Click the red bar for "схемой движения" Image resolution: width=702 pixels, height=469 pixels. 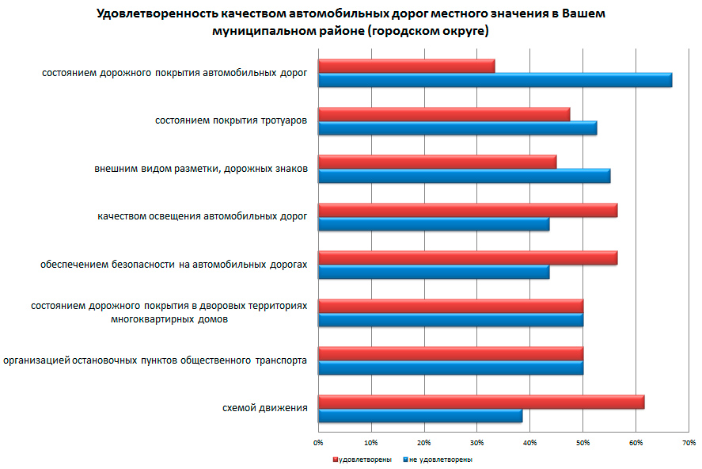click(x=481, y=402)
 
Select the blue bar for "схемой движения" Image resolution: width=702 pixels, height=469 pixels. click(x=420, y=416)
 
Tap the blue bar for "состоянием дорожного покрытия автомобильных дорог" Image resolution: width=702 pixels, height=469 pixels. click(x=495, y=80)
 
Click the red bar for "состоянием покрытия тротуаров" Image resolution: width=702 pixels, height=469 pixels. click(x=444, y=114)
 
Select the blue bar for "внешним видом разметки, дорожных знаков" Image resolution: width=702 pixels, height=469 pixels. click(x=464, y=176)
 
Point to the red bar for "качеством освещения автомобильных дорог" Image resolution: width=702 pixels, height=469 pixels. click(x=468, y=210)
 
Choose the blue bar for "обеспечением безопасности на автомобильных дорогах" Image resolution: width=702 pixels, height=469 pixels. click(x=434, y=272)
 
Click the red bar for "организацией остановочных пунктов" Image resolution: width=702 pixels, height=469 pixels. click(x=450, y=353)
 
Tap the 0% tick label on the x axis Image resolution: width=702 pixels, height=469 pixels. click(x=318, y=441)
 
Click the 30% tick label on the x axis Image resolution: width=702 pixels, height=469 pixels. click(x=476, y=441)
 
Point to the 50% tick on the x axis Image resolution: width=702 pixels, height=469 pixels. click(x=582, y=441)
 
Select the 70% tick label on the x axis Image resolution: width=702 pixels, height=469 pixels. click(x=688, y=441)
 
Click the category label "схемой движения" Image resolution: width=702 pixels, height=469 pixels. click(x=264, y=409)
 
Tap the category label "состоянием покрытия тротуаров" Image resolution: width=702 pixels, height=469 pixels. click(x=231, y=121)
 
